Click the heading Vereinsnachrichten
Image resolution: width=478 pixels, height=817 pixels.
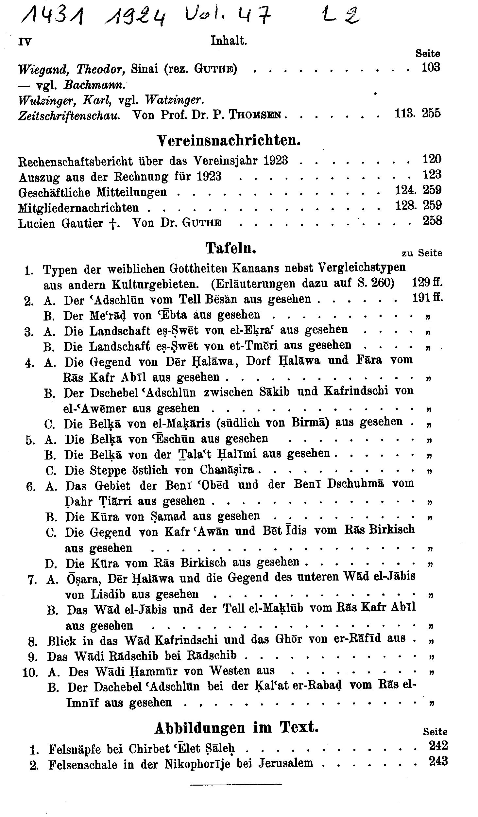(x=229, y=140)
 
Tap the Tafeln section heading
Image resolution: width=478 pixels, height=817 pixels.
(x=230, y=248)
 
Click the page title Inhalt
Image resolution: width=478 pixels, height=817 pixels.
(x=229, y=41)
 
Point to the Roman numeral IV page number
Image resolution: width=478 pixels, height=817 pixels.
(x=25, y=42)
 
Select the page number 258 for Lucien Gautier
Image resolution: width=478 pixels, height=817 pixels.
(x=432, y=221)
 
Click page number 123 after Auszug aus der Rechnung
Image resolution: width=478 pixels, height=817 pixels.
(x=432, y=174)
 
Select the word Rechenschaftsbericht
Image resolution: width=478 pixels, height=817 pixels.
(x=76, y=161)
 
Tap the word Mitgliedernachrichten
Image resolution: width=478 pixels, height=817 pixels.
(x=78, y=208)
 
